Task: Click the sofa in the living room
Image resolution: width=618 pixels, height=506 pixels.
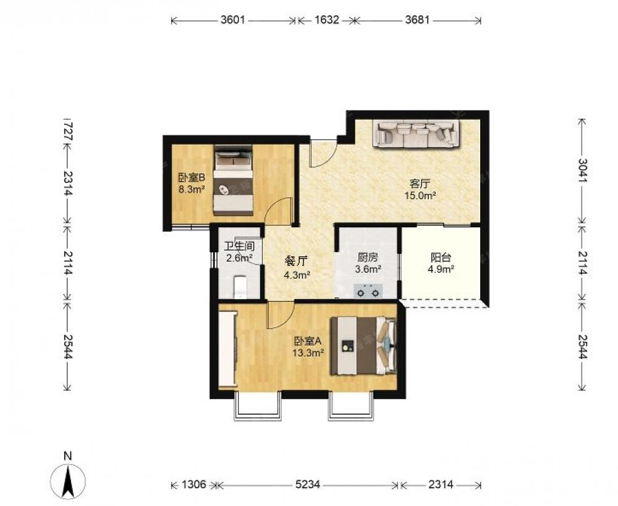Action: pyautogui.click(x=417, y=135)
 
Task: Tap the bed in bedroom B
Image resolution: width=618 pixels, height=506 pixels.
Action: pyautogui.click(x=233, y=180)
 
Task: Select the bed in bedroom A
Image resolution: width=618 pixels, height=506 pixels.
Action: pyautogui.click(x=363, y=345)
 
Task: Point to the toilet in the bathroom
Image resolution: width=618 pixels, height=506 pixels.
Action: pyautogui.click(x=240, y=287)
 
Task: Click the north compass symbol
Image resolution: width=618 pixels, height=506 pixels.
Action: pyautogui.click(x=68, y=481)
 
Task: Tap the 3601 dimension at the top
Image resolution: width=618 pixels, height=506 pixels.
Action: pyautogui.click(x=232, y=20)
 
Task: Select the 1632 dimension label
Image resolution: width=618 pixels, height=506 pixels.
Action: pyautogui.click(x=327, y=20)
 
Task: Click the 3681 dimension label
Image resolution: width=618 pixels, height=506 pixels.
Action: pyautogui.click(x=417, y=20)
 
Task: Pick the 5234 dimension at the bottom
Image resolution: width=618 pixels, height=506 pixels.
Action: pyautogui.click(x=308, y=484)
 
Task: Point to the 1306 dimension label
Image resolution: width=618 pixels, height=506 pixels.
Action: pyautogui.click(x=194, y=484)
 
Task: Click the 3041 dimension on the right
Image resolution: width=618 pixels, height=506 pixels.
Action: pyautogui.click(x=582, y=171)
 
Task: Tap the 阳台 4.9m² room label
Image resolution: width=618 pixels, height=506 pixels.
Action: pyautogui.click(x=441, y=263)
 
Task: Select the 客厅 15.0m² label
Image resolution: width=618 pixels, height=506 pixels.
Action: pyautogui.click(x=420, y=189)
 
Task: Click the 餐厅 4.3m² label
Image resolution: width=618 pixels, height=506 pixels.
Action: pyautogui.click(x=297, y=268)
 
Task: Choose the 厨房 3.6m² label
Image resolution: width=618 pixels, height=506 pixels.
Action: pyautogui.click(x=368, y=263)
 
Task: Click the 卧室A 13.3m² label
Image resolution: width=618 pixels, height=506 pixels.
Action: pyautogui.click(x=308, y=347)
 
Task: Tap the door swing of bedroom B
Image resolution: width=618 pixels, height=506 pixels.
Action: pyautogui.click(x=278, y=211)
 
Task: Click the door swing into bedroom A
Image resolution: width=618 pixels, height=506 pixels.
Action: pyautogui.click(x=281, y=315)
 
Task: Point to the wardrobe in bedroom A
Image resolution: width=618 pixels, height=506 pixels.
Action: pyautogui.click(x=228, y=349)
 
